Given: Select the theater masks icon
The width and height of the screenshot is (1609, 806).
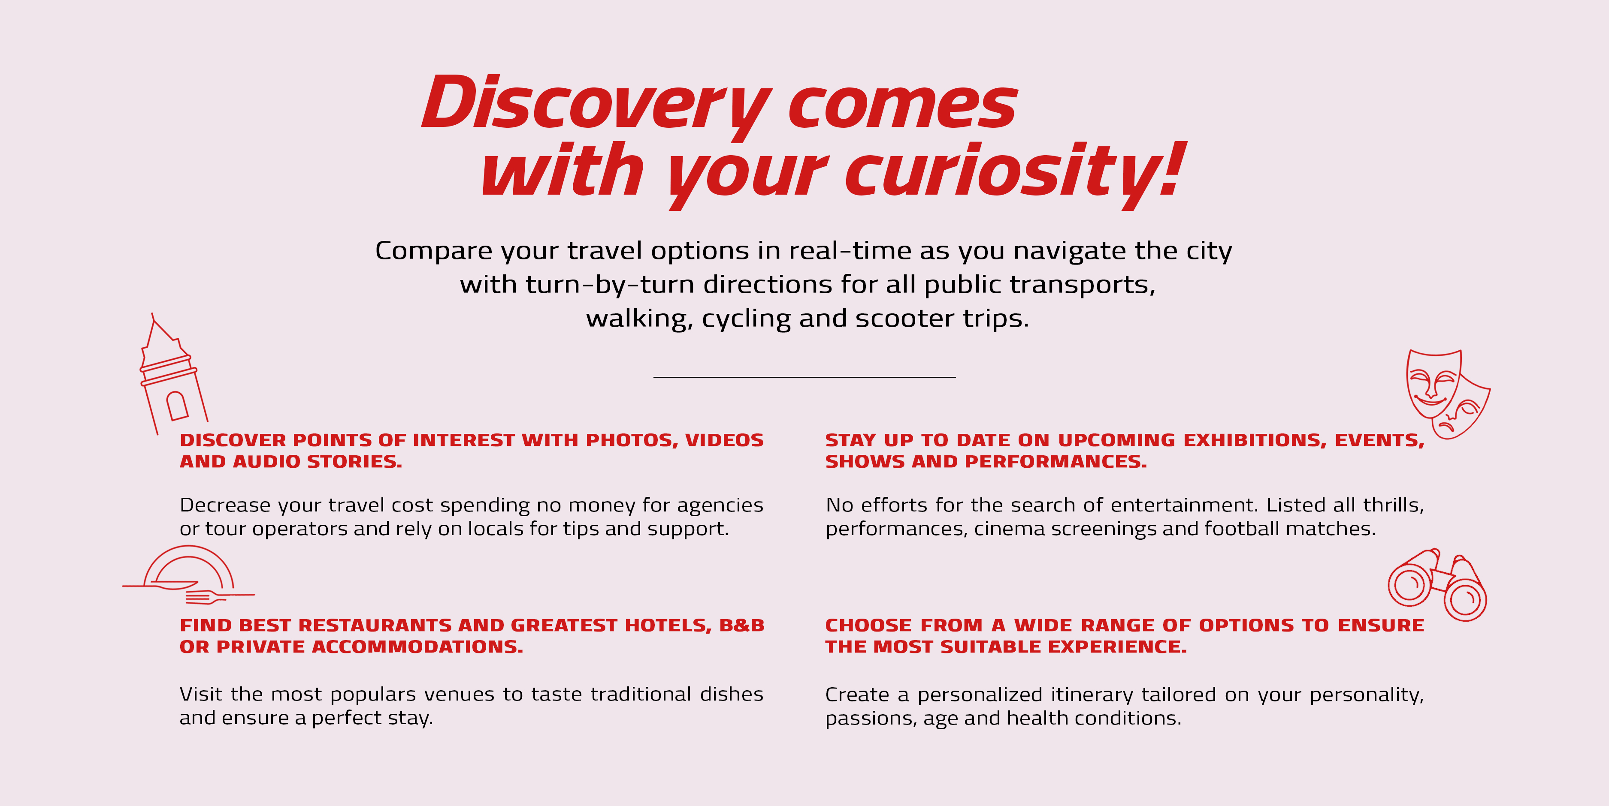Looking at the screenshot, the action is (1448, 394).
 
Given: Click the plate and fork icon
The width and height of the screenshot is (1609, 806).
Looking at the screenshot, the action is (188, 575).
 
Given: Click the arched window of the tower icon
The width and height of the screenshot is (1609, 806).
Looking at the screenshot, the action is (177, 406).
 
